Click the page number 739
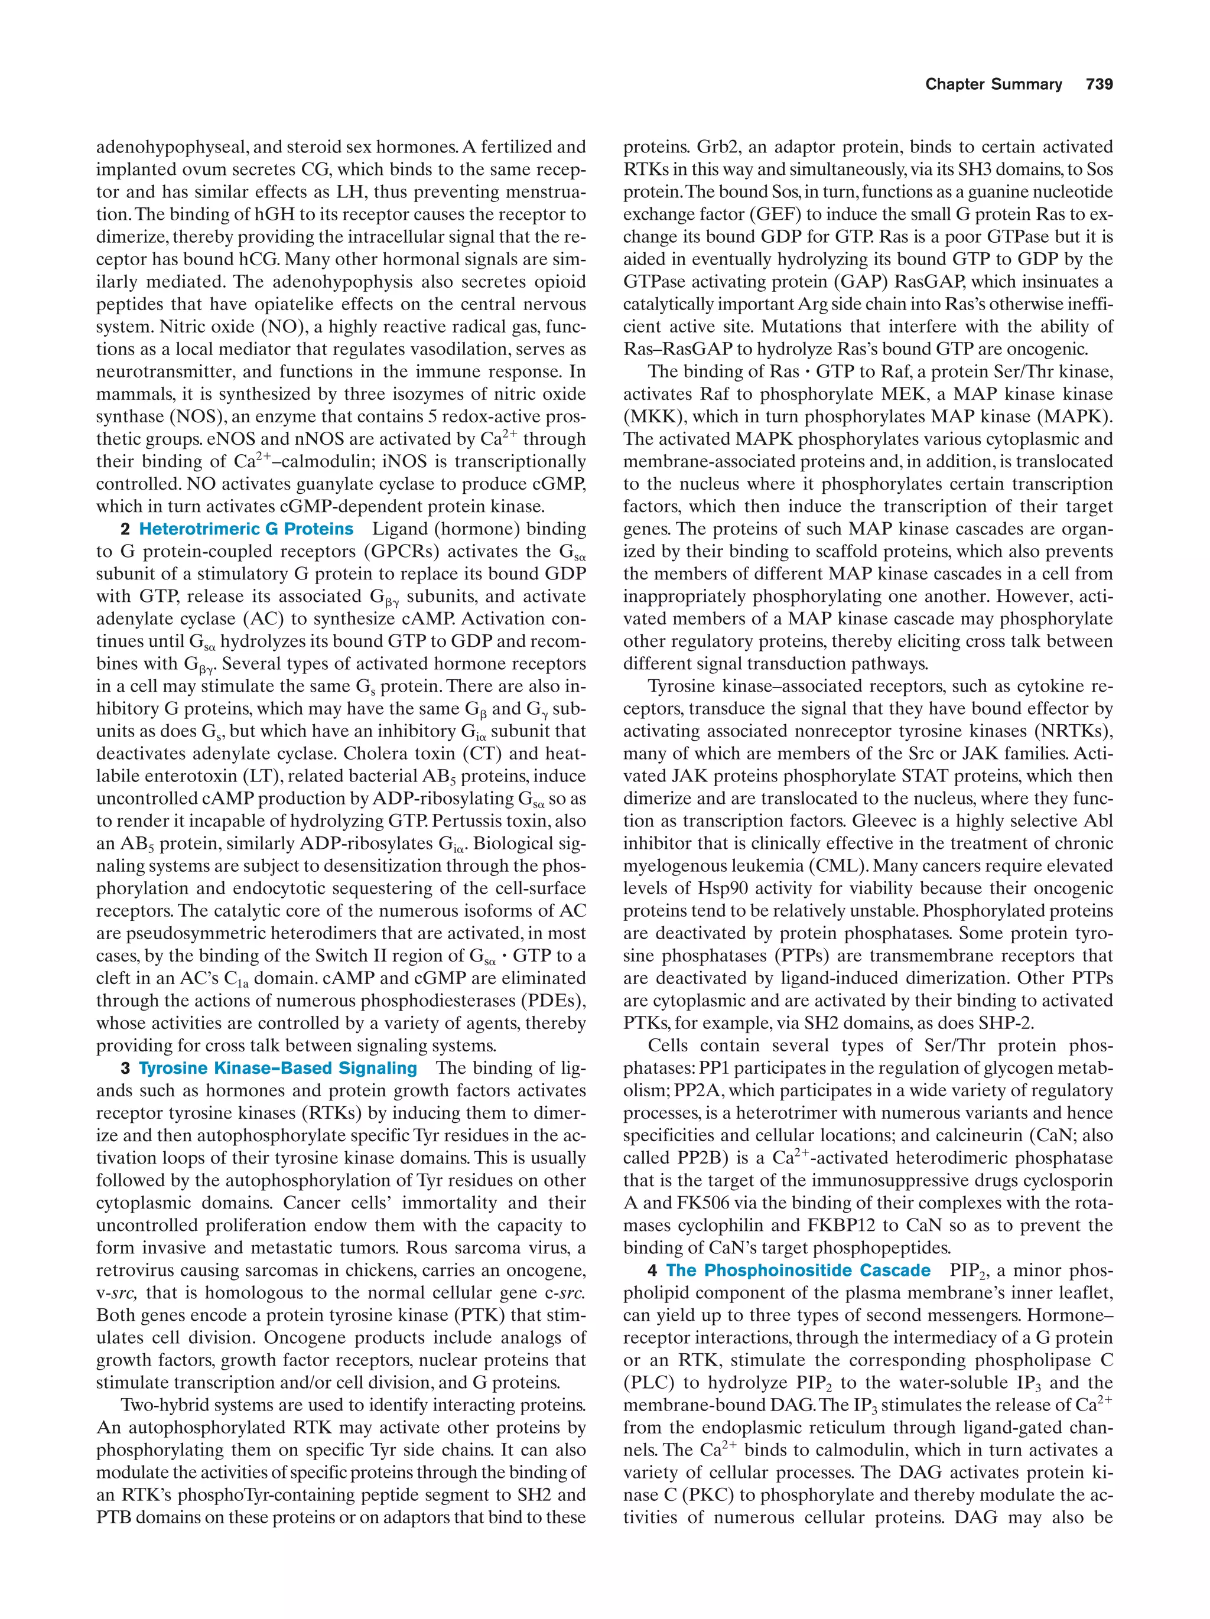tap(1100, 84)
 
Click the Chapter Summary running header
tap(993, 84)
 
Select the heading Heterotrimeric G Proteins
tap(246, 529)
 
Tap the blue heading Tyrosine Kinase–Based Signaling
tap(278, 1068)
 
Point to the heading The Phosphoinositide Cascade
tap(798, 1270)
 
